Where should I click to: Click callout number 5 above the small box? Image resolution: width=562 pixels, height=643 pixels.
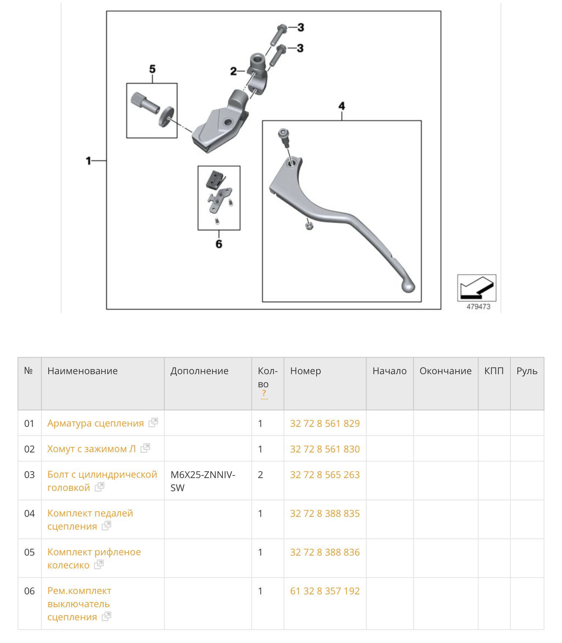pos(152,69)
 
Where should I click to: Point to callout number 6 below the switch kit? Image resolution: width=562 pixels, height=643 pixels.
pos(219,244)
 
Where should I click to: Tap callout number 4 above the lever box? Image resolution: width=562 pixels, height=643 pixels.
pos(342,106)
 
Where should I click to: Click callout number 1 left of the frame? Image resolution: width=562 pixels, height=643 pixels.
pos(88,161)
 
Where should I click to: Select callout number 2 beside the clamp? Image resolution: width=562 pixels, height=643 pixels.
pos(233,71)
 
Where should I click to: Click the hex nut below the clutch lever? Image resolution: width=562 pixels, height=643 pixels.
pos(309,226)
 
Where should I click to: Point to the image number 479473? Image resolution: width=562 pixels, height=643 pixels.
pos(478,307)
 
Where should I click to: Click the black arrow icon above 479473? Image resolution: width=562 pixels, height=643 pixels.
pos(477,287)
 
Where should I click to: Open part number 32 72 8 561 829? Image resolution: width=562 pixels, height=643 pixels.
pos(325,423)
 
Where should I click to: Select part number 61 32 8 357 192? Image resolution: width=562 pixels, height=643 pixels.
pos(325,591)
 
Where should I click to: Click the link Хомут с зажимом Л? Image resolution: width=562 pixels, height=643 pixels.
pos(91,449)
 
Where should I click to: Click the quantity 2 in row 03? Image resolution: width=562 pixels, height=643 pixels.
pos(261,475)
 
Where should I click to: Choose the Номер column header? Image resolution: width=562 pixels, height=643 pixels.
pos(306,371)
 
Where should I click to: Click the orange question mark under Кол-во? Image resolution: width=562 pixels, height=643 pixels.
pos(264,394)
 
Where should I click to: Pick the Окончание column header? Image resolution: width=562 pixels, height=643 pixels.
pos(445,371)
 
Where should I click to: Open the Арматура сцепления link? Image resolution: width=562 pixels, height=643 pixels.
pos(95,423)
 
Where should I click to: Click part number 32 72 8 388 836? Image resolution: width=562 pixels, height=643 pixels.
pos(325,552)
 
